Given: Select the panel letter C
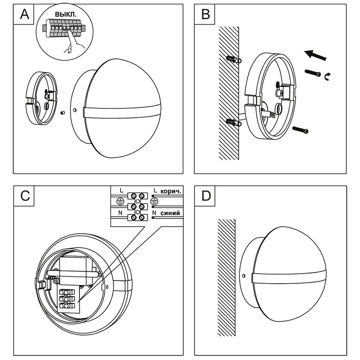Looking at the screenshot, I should point(25,196).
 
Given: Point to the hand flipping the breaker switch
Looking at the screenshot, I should point(73,45).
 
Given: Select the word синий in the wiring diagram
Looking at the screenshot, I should point(170,213).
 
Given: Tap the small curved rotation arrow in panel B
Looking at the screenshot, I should point(328,76).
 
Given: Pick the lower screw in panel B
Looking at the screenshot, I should point(301,130).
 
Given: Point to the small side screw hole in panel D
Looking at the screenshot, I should point(244,276).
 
